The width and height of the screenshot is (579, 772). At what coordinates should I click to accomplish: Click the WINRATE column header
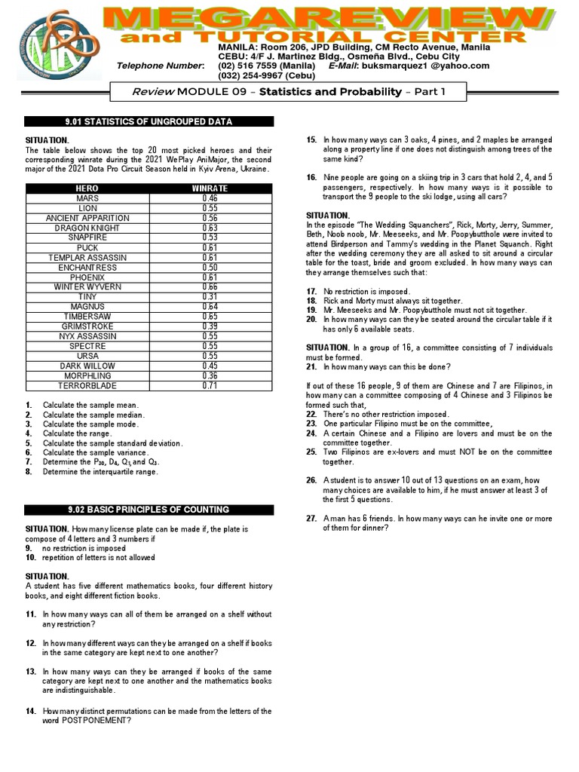coord(210,188)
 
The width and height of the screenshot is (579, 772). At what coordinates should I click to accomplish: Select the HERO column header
coord(87,188)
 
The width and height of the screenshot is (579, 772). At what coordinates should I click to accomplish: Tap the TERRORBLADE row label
coord(87,385)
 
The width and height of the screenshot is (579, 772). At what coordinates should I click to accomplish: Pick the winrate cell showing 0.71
coord(210,385)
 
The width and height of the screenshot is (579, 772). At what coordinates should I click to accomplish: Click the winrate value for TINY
coord(210,296)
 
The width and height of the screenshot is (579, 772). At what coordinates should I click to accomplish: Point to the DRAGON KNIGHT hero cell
coord(87,228)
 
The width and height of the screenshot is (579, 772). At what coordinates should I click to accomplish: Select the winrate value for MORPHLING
coord(210,375)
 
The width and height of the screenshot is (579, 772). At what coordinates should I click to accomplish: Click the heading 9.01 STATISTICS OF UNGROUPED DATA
coord(149,121)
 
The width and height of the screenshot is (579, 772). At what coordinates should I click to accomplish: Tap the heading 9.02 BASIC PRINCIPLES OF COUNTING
coord(149,510)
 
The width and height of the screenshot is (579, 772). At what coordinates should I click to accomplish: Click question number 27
coord(311,519)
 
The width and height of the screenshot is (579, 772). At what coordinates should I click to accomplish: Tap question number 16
coord(311,177)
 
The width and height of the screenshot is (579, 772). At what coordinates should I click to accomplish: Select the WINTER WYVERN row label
coord(87,286)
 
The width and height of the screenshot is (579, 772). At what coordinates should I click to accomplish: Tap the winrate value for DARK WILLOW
coord(210,366)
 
